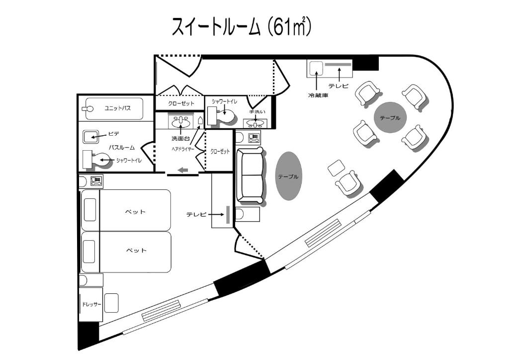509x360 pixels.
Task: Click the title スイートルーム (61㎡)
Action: coord(242,27)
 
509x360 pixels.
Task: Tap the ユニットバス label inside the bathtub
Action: coord(117,108)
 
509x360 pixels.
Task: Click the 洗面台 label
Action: coord(177,138)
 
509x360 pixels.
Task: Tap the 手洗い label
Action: coord(255,112)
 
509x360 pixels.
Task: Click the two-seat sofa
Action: coord(250,175)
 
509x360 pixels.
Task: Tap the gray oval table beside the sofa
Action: coord(288,176)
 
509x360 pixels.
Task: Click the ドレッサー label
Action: coord(91,304)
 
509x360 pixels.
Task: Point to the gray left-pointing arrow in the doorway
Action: coord(182,171)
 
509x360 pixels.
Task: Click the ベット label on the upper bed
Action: coord(135,212)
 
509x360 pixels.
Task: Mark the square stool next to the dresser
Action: coord(111,302)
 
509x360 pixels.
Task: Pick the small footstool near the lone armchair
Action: coord(337,167)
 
